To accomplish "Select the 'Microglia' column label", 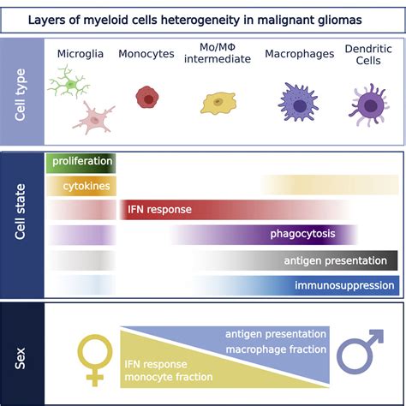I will (x=81, y=55).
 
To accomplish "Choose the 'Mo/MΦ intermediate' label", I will (x=218, y=55).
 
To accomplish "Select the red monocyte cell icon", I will (x=147, y=98).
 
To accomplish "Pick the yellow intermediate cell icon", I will (x=218, y=104).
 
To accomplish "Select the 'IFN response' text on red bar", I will (x=159, y=209).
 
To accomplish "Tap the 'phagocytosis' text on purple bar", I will (x=302, y=234).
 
